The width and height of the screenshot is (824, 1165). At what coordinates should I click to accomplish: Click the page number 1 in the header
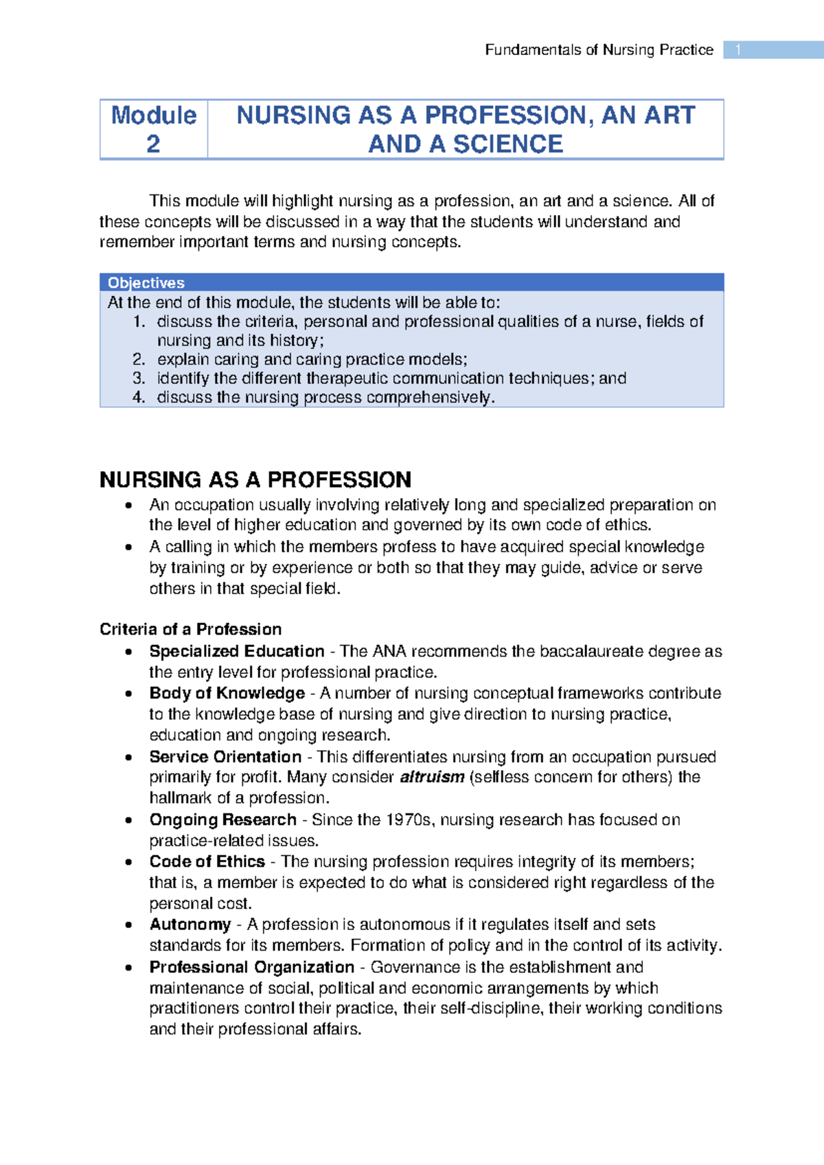[x=738, y=50]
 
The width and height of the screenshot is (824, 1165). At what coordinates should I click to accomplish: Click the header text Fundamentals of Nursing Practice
[x=599, y=50]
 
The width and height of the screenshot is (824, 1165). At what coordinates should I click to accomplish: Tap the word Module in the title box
[x=154, y=115]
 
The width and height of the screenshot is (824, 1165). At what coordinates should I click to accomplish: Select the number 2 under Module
[x=153, y=144]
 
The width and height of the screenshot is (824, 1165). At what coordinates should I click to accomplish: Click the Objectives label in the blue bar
[x=146, y=283]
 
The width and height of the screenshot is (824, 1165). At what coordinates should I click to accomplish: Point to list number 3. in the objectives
[x=139, y=378]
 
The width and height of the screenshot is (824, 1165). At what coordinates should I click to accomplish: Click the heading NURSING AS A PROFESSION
[x=255, y=479]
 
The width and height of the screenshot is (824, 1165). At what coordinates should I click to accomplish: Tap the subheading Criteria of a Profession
[x=190, y=629]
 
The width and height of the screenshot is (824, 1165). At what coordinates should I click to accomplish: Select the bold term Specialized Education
[x=237, y=651]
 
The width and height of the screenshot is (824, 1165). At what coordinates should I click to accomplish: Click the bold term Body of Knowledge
[x=227, y=693]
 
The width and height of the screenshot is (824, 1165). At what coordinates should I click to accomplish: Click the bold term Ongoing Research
[x=223, y=819]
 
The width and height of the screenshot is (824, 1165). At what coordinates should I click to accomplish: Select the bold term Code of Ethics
[x=207, y=861]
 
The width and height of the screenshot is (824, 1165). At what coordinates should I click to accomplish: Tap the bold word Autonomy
[x=190, y=925]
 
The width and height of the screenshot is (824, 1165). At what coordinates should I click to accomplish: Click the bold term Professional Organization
[x=252, y=967]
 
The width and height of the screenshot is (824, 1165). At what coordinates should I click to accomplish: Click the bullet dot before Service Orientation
[x=128, y=758]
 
